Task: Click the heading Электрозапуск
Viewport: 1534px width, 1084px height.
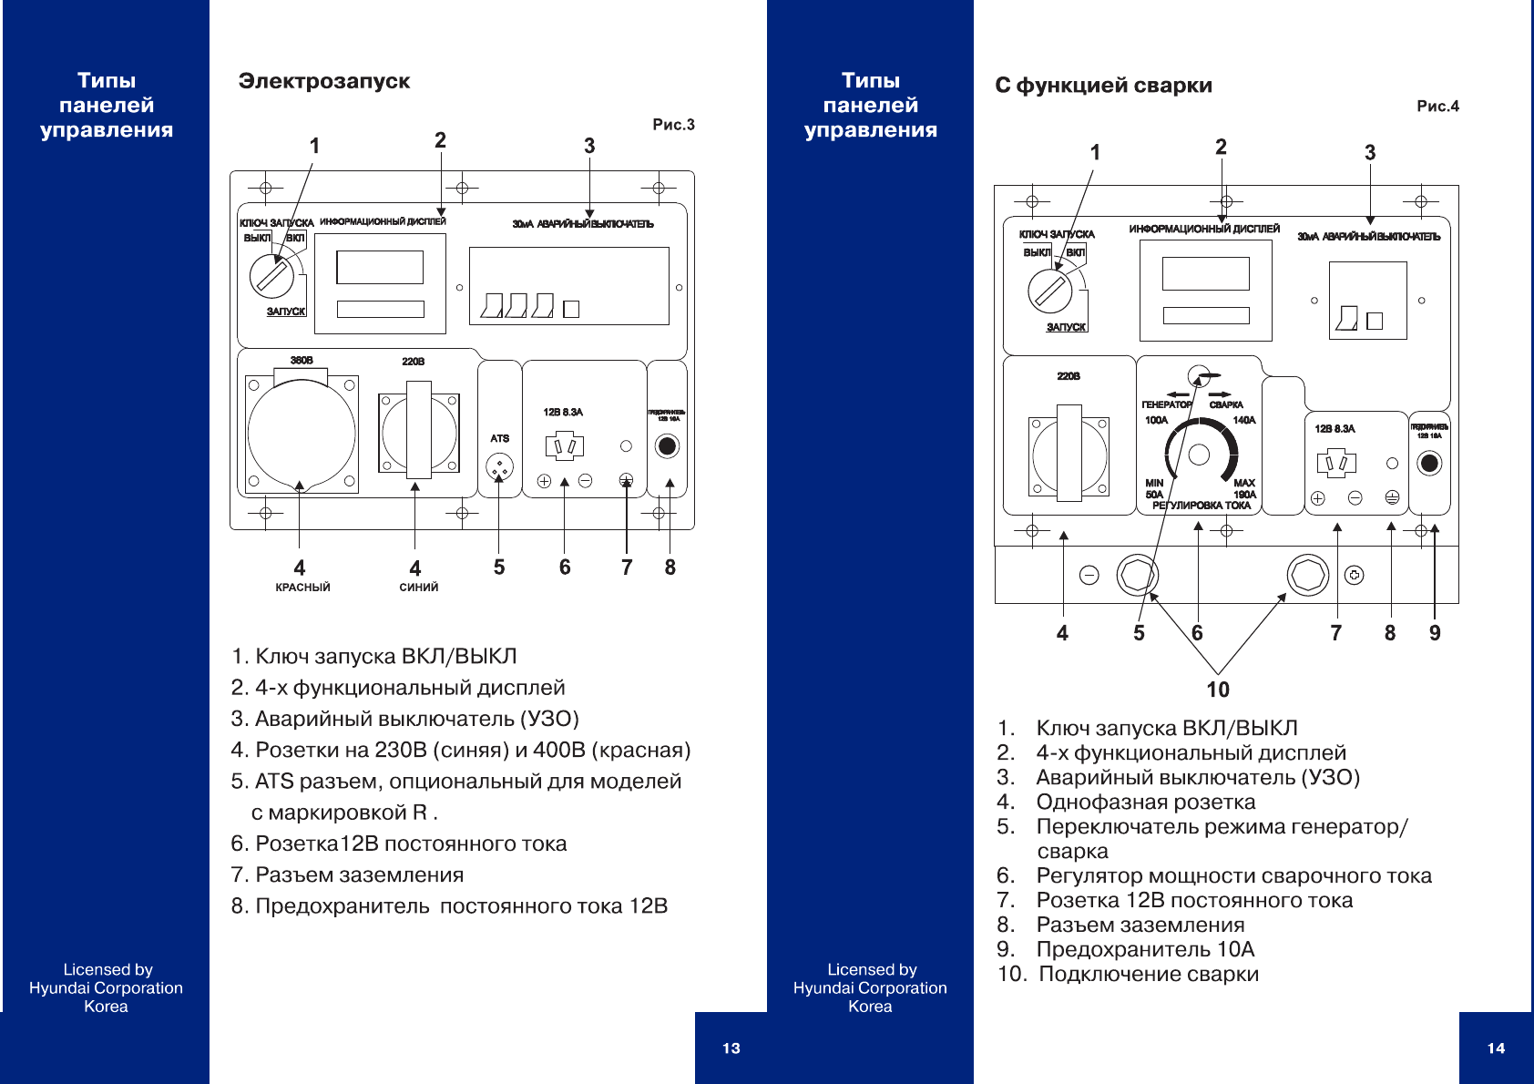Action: coord(323,81)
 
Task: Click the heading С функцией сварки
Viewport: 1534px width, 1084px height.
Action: coord(1103,86)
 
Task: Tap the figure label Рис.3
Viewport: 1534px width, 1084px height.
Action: coord(673,125)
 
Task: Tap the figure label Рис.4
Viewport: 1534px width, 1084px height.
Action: coord(1437,107)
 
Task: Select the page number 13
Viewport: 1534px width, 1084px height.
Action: coord(731,1048)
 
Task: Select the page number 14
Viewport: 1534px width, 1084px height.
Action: coord(1496,1048)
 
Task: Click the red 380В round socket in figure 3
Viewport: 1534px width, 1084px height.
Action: coord(302,434)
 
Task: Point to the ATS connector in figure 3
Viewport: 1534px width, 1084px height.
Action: coord(499,467)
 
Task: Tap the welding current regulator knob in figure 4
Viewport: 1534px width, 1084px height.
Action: coord(1200,454)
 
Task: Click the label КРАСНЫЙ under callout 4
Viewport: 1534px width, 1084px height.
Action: coord(302,588)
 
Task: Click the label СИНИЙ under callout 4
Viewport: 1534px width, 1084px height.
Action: coord(419,588)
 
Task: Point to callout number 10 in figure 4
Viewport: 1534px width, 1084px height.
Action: coord(1218,690)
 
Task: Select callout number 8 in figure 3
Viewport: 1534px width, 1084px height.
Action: coord(670,568)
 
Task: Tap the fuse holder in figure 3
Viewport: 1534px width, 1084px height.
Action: coord(667,446)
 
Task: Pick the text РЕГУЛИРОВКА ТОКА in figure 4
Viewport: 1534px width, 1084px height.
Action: coord(1202,506)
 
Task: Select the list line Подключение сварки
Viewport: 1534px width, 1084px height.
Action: coord(1149,975)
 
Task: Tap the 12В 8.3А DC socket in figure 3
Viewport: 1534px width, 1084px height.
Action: coord(564,446)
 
